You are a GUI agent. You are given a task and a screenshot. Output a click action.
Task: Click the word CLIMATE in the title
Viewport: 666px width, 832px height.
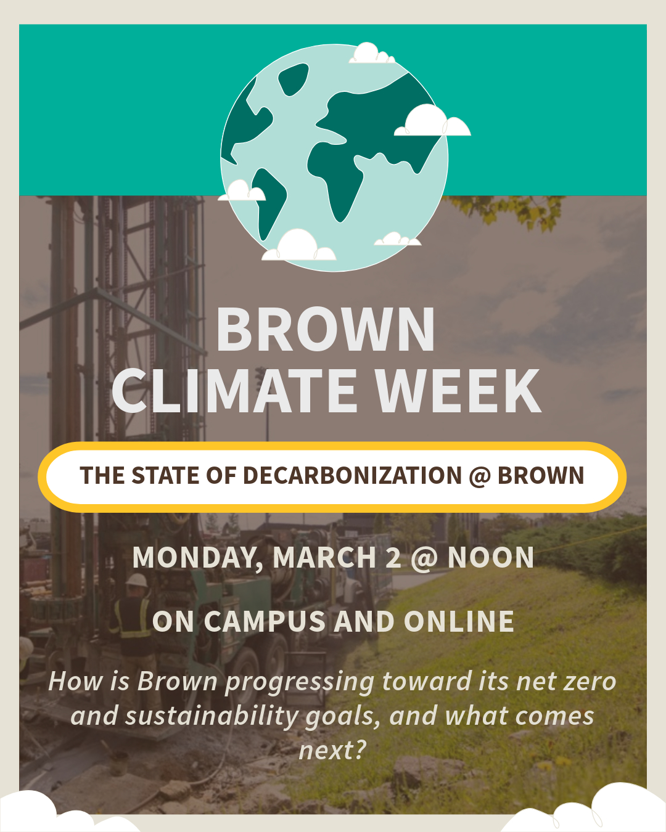234,390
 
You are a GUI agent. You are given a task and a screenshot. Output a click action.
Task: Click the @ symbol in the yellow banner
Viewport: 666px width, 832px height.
480,476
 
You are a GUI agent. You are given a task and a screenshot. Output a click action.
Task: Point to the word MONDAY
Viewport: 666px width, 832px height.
197,558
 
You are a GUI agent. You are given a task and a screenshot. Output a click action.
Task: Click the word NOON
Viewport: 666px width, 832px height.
491,557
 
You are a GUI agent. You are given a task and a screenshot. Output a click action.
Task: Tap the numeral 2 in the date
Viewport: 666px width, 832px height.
393,557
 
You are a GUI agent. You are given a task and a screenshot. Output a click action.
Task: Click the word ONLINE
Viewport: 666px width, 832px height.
459,621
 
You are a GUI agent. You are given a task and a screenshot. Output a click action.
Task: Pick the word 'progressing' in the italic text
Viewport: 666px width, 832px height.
300,682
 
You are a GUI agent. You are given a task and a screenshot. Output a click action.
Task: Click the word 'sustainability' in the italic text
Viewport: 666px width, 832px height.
212,716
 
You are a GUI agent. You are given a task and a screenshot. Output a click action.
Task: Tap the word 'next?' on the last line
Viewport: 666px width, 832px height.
332,751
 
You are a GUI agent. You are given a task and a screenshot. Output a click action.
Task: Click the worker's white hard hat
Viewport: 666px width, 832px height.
137,580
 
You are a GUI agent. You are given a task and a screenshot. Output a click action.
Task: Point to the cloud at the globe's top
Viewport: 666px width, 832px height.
371,54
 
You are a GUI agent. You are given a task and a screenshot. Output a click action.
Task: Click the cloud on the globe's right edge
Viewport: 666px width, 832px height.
432,121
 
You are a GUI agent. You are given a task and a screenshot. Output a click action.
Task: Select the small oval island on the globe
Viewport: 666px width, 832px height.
293,80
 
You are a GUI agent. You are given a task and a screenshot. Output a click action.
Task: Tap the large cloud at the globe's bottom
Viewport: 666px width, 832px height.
298,245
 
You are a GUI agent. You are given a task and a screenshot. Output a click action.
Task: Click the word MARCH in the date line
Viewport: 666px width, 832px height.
324,557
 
